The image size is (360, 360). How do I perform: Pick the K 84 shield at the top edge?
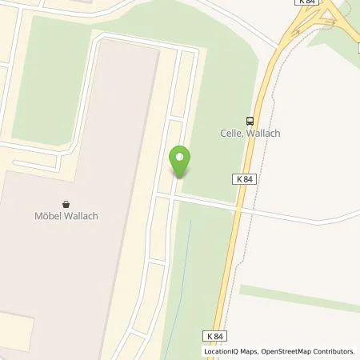point(306,3)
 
